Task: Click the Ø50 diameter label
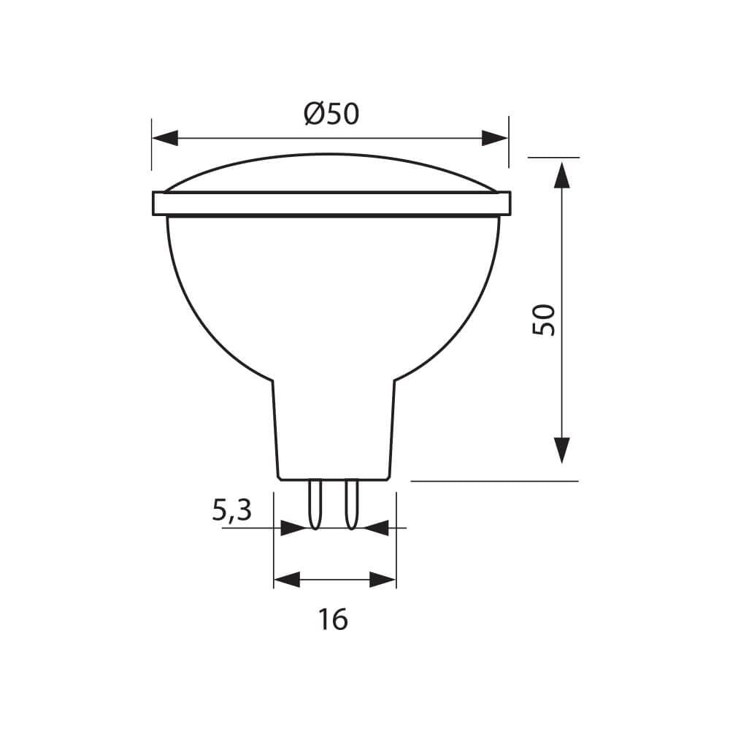coord(332,114)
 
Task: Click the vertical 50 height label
coord(544,319)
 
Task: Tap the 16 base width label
coord(333,620)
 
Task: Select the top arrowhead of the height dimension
coord(561,175)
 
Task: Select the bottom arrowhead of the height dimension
coord(561,450)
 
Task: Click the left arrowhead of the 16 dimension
coord(287,580)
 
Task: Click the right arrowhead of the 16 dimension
coord(383,580)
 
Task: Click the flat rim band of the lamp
coord(331,204)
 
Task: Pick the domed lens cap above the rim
coord(331,173)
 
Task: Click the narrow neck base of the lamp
coord(334,431)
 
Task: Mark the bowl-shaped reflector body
coord(333,292)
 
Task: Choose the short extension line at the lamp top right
coord(553,157)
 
